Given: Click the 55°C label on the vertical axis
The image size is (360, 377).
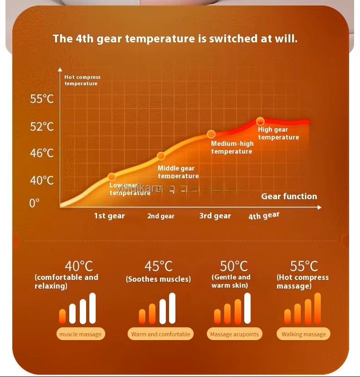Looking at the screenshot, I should [x=42, y=98].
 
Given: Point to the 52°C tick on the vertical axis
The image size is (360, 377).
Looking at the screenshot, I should [x=42, y=126].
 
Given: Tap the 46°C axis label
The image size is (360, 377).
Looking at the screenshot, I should [x=42, y=153].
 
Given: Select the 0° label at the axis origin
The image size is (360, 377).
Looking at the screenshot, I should [x=35, y=203].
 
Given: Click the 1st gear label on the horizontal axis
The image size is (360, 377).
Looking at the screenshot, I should [x=109, y=216].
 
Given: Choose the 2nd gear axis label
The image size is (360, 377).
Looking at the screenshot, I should [x=161, y=216].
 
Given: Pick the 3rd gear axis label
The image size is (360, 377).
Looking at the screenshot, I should [x=215, y=216].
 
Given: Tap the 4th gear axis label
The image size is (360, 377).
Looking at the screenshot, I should [x=264, y=216].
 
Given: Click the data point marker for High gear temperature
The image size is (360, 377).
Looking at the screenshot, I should [x=260, y=121].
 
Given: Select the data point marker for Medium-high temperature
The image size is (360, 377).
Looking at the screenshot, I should [x=211, y=134].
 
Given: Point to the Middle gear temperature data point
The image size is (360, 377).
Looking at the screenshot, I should [x=161, y=156].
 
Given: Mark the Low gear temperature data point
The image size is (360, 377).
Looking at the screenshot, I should [x=112, y=176].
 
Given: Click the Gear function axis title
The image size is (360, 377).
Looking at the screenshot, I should [x=289, y=196].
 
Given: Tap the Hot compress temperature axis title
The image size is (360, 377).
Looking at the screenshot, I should [x=82, y=80].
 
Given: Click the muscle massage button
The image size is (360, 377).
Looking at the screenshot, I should [x=81, y=334].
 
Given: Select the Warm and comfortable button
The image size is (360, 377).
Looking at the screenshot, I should [x=160, y=334].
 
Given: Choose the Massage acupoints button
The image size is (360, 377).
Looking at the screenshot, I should [x=234, y=334].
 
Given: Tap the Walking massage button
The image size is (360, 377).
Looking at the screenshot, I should [x=303, y=334].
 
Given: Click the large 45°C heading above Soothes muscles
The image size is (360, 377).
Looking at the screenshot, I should [x=158, y=266].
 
